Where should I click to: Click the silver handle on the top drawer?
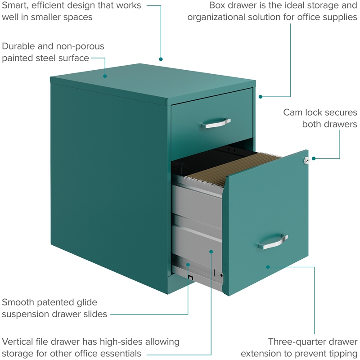coord(216,123)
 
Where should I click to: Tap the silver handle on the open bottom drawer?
coord(273,241)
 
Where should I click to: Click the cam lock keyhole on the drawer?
coord(306,160)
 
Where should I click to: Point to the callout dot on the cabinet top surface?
coord(105,76)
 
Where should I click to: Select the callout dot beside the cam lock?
coord(314,158)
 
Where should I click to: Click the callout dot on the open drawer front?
coord(268,267)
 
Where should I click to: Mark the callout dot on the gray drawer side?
coord(211,252)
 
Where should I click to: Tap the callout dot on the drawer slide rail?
coord(188,265)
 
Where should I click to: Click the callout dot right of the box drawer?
coord(261,97)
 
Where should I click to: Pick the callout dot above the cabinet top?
coord(161,59)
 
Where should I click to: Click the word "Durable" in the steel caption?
coord(18,46)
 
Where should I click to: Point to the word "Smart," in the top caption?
coord(15,6)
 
